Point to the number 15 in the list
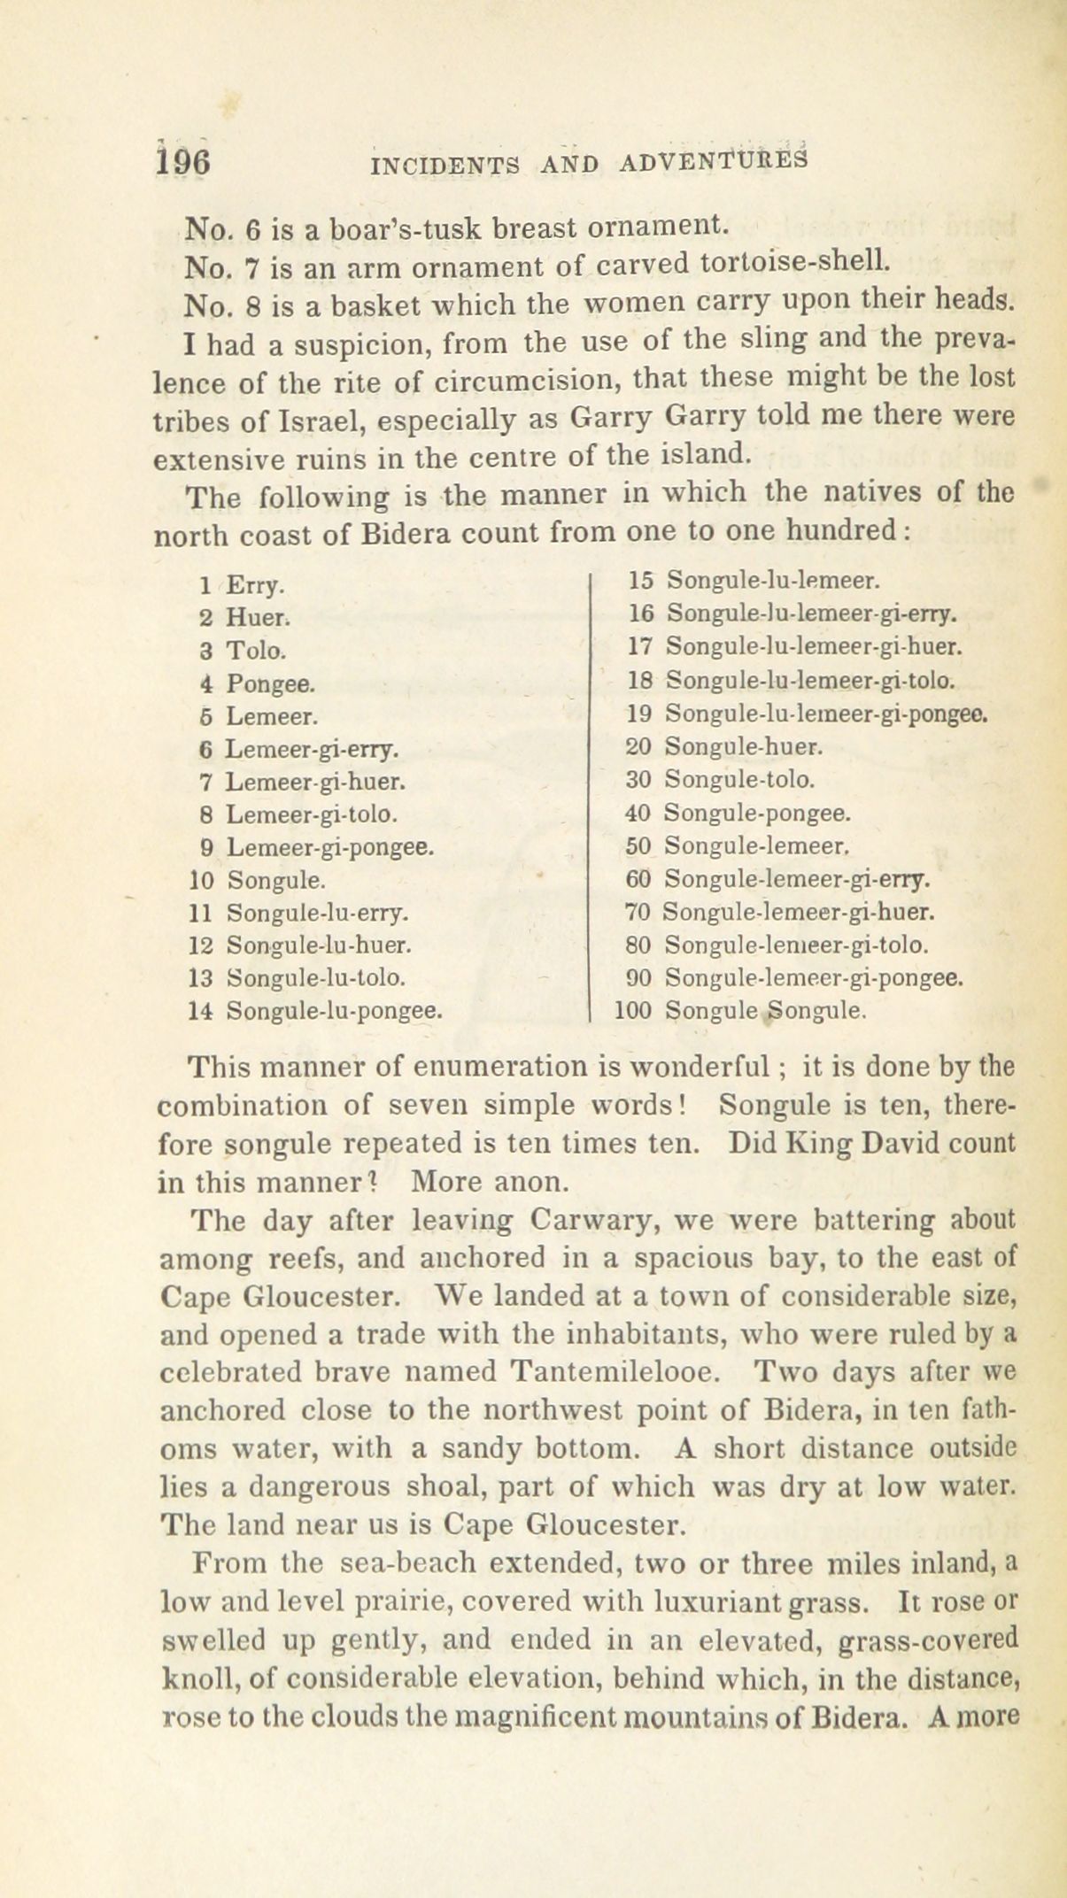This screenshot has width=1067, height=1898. pos(639,581)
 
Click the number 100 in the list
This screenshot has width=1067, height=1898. pos(633,1010)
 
